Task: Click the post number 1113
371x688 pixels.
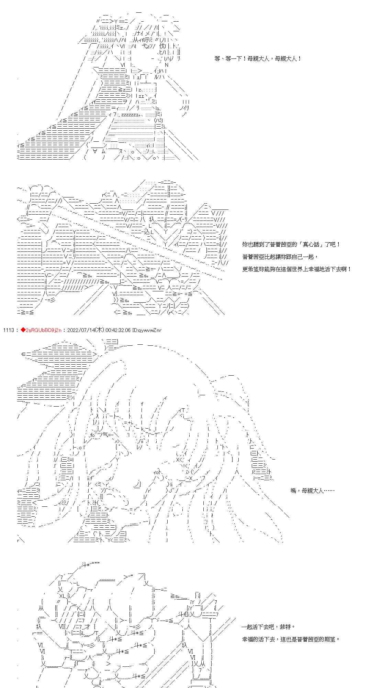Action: point(8,330)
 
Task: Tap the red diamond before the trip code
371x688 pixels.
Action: point(23,330)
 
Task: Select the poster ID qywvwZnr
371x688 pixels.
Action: point(149,330)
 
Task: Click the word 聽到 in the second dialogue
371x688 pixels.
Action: point(257,245)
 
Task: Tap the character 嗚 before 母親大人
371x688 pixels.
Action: point(293,491)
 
